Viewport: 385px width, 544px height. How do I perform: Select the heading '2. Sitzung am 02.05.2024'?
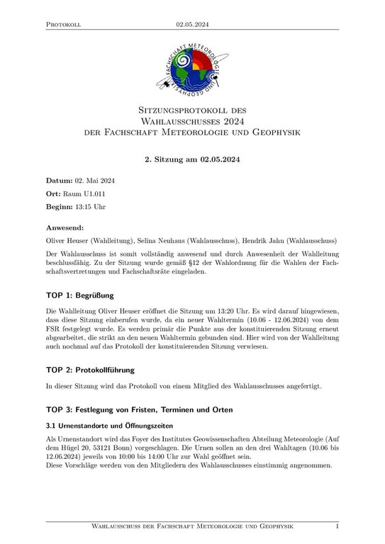(192, 159)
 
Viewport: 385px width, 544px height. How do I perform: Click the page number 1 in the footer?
(337, 527)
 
